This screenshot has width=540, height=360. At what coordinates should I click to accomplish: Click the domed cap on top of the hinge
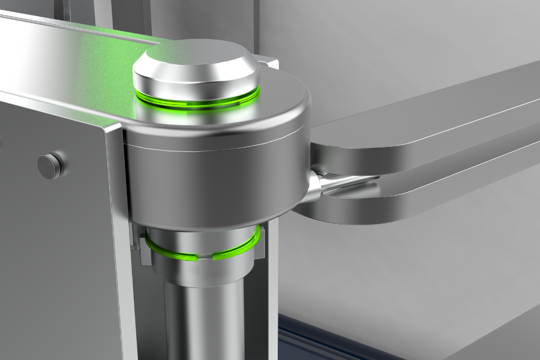coord(196,63)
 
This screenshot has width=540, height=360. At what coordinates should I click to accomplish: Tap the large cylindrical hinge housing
coord(216,180)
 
